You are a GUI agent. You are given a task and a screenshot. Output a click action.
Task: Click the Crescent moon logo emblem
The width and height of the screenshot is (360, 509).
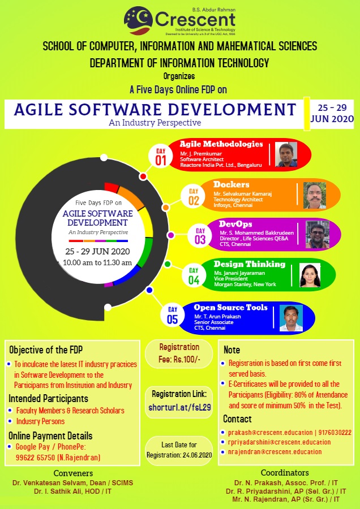[x=138, y=21]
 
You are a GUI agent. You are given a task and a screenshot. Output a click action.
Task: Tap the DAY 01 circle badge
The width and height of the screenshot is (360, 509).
[x=161, y=157]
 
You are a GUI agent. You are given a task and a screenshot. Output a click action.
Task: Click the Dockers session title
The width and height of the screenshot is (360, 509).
[x=232, y=184]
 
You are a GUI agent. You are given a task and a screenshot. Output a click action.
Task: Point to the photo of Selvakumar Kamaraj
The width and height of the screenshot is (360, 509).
[x=315, y=195]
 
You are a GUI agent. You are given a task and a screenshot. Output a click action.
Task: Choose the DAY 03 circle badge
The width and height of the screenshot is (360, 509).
[x=200, y=236]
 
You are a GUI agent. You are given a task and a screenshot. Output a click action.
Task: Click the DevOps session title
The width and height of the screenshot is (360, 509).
[x=235, y=224]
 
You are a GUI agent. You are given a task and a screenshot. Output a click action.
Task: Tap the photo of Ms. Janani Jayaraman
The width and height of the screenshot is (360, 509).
[x=310, y=275]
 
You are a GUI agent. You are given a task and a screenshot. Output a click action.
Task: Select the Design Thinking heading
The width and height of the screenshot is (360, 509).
[x=250, y=264]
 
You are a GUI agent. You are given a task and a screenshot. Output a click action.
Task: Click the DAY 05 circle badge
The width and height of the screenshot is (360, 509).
[x=173, y=315]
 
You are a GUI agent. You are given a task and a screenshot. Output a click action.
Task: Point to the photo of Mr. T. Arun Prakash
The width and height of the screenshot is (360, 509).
[x=291, y=318]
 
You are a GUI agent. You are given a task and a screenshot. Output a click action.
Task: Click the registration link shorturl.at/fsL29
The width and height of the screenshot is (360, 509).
[x=179, y=407]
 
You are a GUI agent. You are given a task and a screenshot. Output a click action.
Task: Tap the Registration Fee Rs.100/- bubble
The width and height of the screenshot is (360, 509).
[x=179, y=353]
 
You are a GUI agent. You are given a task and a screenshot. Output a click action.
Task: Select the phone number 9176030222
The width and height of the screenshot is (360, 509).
[x=335, y=433]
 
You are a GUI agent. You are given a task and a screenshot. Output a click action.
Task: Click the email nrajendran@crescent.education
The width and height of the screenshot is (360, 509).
[x=275, y=451]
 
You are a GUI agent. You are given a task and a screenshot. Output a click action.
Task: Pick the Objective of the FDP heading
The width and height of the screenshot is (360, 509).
[x=46, y=350]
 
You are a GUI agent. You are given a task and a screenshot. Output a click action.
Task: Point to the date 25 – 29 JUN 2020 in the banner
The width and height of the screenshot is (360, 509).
[x=332, y=113]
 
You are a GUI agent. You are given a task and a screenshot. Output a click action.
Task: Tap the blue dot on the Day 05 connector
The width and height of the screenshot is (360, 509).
[x=149, y=290]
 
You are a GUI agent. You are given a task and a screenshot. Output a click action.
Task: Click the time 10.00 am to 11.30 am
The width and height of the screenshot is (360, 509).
[x=97, y=262]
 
